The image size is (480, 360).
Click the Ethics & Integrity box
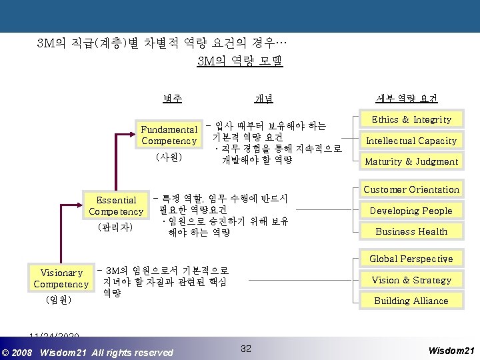tap(411, 120)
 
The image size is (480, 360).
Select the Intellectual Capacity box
tap(411, 141)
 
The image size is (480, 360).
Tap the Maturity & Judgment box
tap(411, 161)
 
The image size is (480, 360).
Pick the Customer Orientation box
tap(411, 190)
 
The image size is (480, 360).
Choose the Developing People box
tap(411, 211)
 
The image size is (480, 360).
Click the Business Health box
tap(411, 231)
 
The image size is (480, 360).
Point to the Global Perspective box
tap(411, 259)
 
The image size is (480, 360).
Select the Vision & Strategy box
tap(411, 280)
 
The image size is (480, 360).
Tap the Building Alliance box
tap(411, 301)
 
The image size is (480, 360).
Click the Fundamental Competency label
tap(169, 135)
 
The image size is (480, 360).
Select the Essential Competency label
tap(116, 205)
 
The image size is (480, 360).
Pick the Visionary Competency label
tap(61, 278)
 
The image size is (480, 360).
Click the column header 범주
tap(172, 99)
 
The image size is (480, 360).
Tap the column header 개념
tap(263, 99)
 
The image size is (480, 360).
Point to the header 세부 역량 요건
tap(407, 99)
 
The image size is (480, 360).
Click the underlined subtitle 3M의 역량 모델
tap(240, 62)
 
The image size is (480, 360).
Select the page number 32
tap(246, 349)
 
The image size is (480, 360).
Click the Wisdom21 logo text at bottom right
tap(451, 350)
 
